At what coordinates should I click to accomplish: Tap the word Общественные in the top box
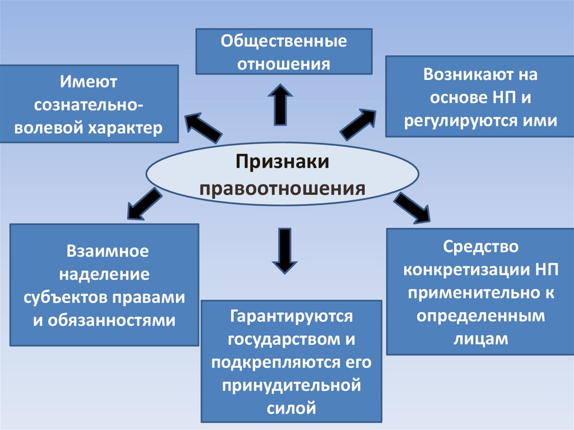tap(283, 41)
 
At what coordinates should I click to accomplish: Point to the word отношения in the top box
tap(283, 63)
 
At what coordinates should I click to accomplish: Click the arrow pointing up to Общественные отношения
tap(280, 104)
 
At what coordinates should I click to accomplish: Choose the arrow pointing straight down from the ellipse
tap(285, 250)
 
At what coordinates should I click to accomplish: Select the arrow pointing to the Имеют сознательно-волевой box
tap(203, 127)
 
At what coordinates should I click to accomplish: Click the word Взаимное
tap(105, 251)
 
